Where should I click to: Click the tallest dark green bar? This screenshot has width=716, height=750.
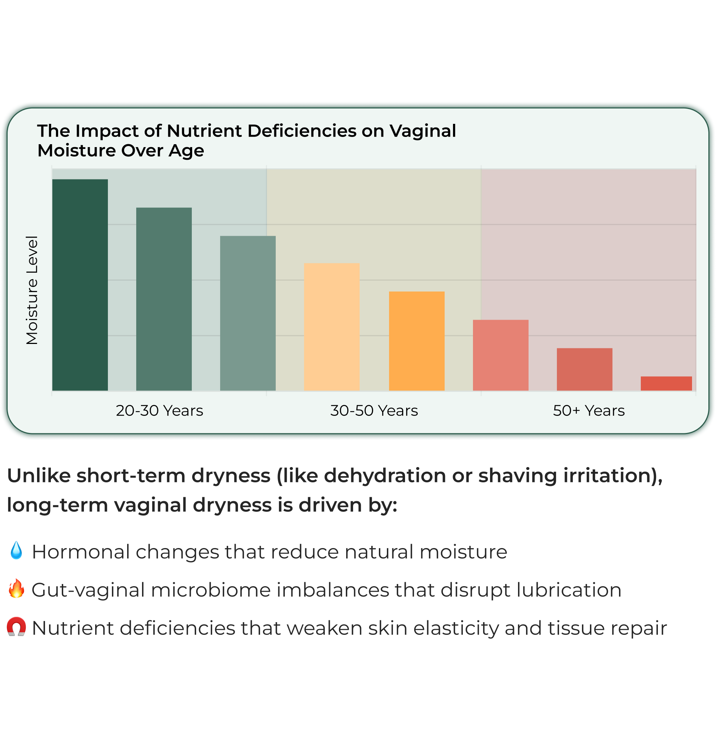pyautogui.click(x=80, y=285)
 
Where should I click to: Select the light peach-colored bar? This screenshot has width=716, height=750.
pyautogui.click(x=332, y=327)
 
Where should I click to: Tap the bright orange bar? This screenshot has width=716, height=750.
pyautogui.click(x=417, y=341)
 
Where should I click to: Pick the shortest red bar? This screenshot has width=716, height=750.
pyautogui.click(x=666, y=383)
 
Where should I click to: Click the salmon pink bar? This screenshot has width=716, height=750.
pyautogui.click(x=501, y=355)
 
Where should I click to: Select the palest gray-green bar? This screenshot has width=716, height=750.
pyautogui.click(x=248, y=313)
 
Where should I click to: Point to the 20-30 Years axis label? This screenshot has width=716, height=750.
pyautogui.click(x=159, y=411)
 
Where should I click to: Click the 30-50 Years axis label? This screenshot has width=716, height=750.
pyautogui.click(x=374, y=411)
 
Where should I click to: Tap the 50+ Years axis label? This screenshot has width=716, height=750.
pyautogui.click(x=589, y=411)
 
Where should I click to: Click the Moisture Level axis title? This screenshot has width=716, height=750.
pyautogui.click(x=32, y=290)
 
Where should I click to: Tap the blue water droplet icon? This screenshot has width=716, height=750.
pyautogui.click(x=16, y=550)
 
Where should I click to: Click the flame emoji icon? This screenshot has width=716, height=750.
pyautogui.click(x=16, y=588)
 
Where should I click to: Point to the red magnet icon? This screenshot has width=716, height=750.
pyautogui.click(x=16, y=627)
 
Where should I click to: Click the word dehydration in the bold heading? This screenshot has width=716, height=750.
pyautogui.click(x=385, y=476)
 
